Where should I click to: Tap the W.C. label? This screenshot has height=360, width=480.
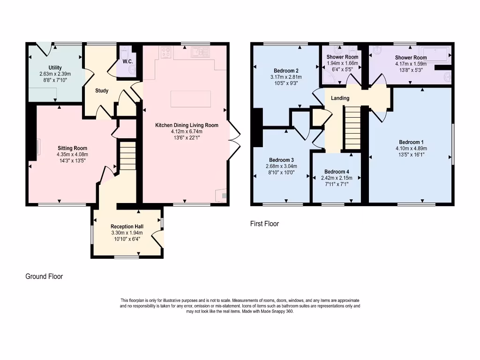click(127, 62)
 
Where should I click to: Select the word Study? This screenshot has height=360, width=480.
click(101, 91)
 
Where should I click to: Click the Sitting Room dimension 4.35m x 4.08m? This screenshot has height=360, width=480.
click(72, 155)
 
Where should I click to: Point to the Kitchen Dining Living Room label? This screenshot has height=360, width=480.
click(187, 125)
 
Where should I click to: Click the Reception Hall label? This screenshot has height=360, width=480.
click(127, 227)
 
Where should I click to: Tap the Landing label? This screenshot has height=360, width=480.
click(340, 98)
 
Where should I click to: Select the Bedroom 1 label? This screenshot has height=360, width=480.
click(411, 142)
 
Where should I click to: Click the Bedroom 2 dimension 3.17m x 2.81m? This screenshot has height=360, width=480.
click(286, 77)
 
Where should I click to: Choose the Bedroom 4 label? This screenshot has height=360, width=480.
click(337, 172)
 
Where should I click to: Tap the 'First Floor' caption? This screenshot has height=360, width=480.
click(264, 224)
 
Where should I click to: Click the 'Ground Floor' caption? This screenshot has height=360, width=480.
click(44, 277)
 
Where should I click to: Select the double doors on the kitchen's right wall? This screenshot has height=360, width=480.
click(234, 141)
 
